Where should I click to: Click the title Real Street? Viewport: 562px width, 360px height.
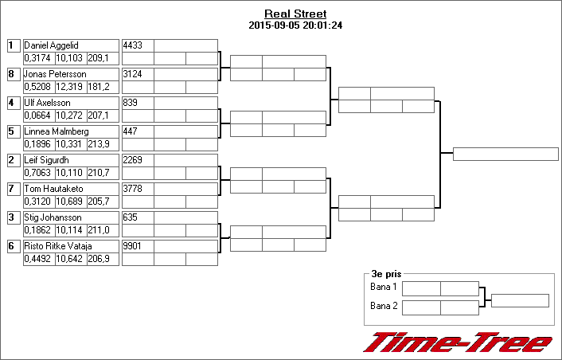[x=295, y=14]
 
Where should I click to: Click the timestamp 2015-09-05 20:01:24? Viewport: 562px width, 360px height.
[x=295, y=25]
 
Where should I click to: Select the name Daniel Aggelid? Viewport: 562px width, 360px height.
[x=51, y=45]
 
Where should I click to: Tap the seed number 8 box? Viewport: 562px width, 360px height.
[x=14, y=74]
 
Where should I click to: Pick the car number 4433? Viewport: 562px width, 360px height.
[x=133, y=45]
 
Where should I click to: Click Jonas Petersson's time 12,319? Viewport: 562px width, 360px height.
[x=69, y=87]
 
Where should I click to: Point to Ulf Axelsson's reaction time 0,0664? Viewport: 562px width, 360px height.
[x=37, y=115]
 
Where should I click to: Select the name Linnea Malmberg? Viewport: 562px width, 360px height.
[x=57, y=131]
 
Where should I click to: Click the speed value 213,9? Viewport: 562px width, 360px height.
[x=99, y=144]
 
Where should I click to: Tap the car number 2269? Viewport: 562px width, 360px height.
[x=133, y=160]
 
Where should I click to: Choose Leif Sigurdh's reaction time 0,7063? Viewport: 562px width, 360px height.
[x=37, y=173]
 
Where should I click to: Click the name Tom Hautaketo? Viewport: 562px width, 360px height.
[x=54, y=189]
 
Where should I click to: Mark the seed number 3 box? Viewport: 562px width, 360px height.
[x=14, y=217]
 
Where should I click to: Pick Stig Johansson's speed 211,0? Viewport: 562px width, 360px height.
[x=99, y=230]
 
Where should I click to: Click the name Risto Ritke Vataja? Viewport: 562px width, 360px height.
[x=58, y=246]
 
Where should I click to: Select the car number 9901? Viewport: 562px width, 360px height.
[x=132, y=246]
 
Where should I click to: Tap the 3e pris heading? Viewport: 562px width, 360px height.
[x=386, y=274]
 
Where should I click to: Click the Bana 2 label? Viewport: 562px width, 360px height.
[x=384, y=306]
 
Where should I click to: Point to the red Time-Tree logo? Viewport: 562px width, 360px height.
[x=458, y=342]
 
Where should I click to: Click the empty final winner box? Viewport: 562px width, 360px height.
[x=505, y=155]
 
